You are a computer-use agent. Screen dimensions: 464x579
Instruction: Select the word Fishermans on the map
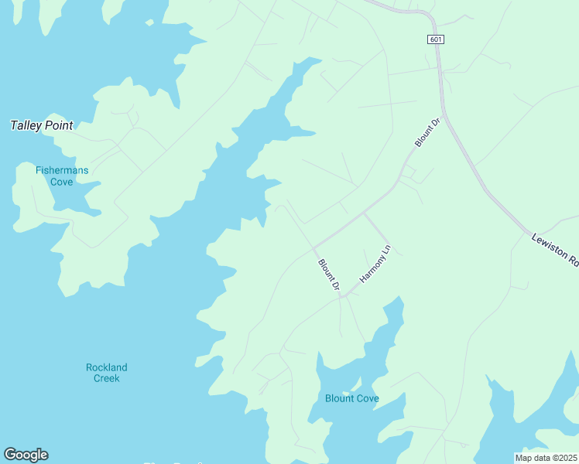61,170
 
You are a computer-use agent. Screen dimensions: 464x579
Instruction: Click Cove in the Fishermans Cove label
61,182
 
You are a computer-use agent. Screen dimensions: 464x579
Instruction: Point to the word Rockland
107,367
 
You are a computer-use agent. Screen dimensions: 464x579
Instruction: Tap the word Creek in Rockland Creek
107,378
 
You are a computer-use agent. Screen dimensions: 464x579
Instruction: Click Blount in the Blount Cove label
340,398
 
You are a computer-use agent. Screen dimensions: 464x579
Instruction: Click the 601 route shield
436,40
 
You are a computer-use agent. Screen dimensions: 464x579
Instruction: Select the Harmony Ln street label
376,264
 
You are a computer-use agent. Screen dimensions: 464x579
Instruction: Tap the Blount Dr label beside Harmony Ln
329,275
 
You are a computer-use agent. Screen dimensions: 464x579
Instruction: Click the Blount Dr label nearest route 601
427,133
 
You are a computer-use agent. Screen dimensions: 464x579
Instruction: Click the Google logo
26,455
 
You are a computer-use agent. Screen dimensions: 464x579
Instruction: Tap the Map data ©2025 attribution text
546,458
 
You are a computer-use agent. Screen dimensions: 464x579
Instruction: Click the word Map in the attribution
524,458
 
